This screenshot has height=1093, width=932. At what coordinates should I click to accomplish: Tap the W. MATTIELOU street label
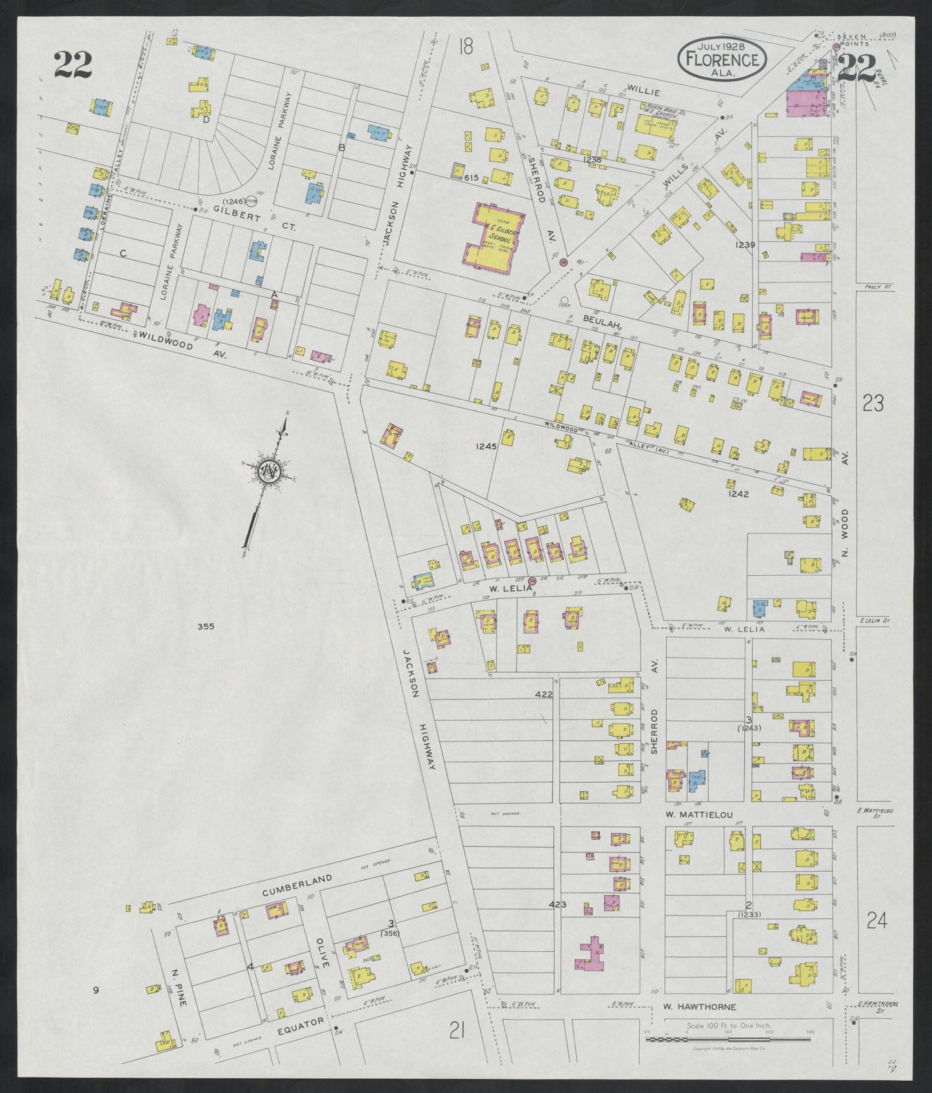click(699, 814)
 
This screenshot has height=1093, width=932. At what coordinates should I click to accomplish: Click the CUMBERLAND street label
click(297, 886)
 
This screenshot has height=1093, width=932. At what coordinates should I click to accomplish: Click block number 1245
click(486, 446)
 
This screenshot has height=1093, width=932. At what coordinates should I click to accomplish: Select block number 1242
click(739, 493)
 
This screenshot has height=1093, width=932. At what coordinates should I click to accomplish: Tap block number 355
click(206, 626)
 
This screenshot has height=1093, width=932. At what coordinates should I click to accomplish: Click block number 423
click(557, 905)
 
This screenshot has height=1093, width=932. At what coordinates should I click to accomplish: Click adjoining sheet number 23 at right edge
click(873, 404)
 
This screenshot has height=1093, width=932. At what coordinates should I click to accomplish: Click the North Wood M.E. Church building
click(658, 124)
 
